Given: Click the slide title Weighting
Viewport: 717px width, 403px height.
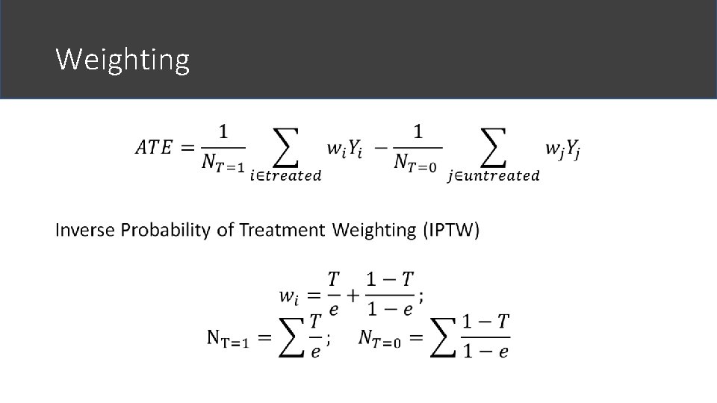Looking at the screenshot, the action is click(x=122, y=59).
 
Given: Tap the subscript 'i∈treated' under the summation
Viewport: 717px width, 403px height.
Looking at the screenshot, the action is click(x=286, y=176).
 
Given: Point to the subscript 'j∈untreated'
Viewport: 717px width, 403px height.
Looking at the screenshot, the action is click(x=493, y=176).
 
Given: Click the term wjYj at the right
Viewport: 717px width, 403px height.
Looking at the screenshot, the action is click(x=562, y=150).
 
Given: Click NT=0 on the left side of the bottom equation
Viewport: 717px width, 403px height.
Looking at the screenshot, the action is click(x=379, y=340).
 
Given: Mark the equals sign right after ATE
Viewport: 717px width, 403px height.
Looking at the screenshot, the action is click(x=187, y=148).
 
